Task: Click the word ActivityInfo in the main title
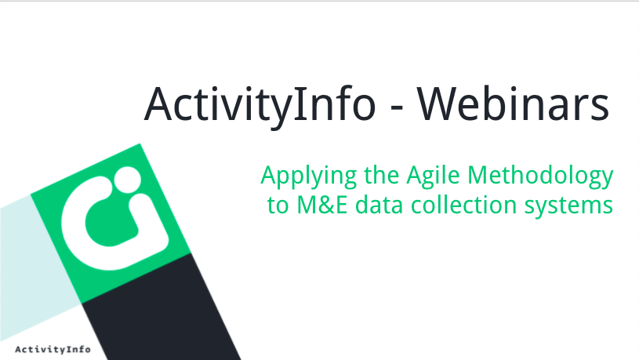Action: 260,105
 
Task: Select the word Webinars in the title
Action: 513,104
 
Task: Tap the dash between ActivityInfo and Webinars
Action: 396,108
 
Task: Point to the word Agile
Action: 434,176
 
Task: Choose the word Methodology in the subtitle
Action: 540,176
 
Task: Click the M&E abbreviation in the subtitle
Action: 322,205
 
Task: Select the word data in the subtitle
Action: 379,205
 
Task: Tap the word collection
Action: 463,205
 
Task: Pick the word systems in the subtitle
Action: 568,207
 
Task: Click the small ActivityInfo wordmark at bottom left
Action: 53,349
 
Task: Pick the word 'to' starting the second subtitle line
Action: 278,205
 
